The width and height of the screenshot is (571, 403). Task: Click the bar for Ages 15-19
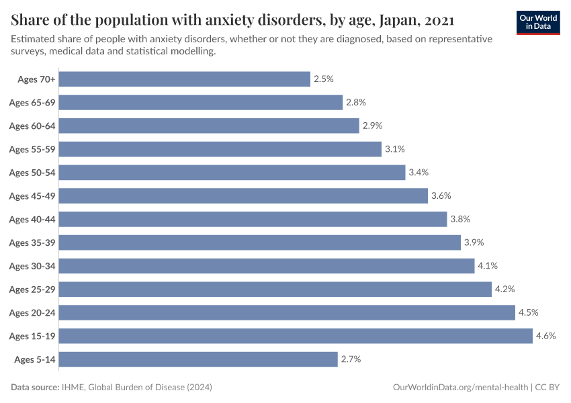(x=296, y=336)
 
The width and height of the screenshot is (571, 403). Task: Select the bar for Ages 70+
(x=185, y=79)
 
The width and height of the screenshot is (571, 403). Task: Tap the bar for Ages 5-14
(x=198, y=359)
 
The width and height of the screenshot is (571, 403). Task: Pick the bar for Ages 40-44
(x=253, y=219)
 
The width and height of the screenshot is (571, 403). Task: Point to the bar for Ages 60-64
(x=209, y=126)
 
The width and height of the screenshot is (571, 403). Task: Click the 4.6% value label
(x=545, y=336)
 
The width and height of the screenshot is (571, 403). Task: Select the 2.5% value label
(x=323, y=79)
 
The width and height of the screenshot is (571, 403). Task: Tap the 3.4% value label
(x=419, y=173)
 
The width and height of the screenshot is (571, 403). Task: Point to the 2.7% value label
(x=351, y=359)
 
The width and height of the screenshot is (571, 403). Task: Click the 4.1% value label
(x=488, y=266)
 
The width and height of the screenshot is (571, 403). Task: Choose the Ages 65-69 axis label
(x=32, y=103)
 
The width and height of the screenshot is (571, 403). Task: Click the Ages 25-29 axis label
(x=32, y=289)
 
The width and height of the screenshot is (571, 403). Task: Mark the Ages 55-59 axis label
(x=32, y=149)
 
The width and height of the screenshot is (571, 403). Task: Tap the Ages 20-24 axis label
(x=32, y=312)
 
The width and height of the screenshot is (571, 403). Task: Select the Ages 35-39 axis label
(x=32, y=242)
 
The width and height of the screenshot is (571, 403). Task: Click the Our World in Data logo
(x=537, y=22)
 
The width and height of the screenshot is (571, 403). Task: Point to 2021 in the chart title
(x=439, y=19)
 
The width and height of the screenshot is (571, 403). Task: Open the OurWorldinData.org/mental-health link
(x=459, y=388)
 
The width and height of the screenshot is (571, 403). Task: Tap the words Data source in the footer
(x=35, y=388)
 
